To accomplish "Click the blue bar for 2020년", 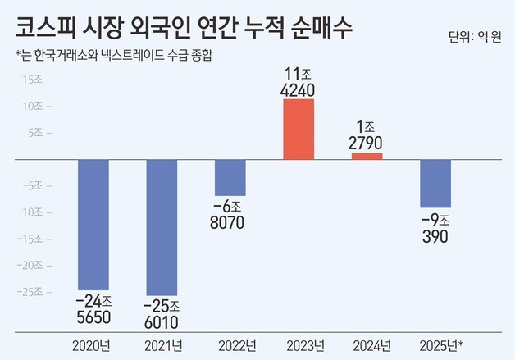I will click(93, 224).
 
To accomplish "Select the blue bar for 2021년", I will click(162, 227).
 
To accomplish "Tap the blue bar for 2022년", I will click(230, 177).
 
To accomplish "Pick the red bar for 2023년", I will click(299, 129).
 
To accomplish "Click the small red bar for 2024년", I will click(367, 156).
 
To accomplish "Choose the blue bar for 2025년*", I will click(435, 184).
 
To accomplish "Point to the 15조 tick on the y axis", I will click(37, 80).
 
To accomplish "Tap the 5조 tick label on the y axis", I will click(39, 133).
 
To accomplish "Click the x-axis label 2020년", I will click(93, 344).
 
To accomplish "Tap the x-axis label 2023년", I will click(299, 344).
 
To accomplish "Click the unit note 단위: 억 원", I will click(476, 38).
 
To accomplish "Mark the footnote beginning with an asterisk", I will click(107, 57).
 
